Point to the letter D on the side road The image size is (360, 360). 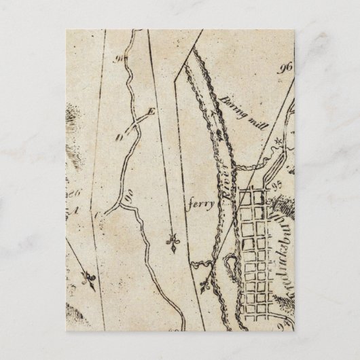tap(120, 138)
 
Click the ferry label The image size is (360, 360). tap(202, 202)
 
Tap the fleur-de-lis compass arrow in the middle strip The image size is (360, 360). tap(173, 242)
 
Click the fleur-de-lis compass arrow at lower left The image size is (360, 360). tap(87, 278)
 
